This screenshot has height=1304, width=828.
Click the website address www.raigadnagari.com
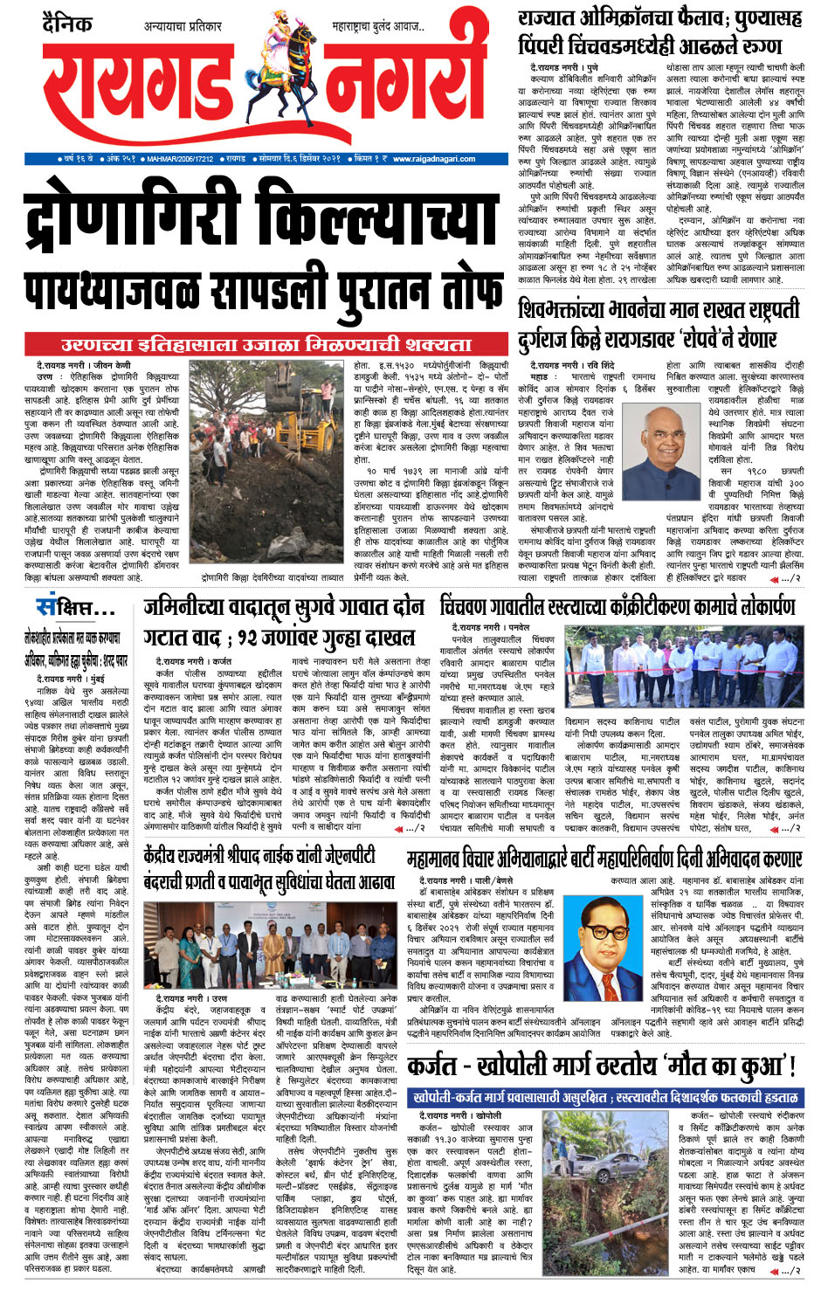pyautogui.click(x=434, y=159)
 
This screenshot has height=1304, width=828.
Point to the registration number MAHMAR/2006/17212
pyautogui.click(x=179, y=159)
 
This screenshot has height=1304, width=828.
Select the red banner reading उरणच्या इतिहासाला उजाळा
pyautogui.click(x=266, y=344)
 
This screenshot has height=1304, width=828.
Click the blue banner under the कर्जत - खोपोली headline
pyautogui.click(x=605, y=1096)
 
